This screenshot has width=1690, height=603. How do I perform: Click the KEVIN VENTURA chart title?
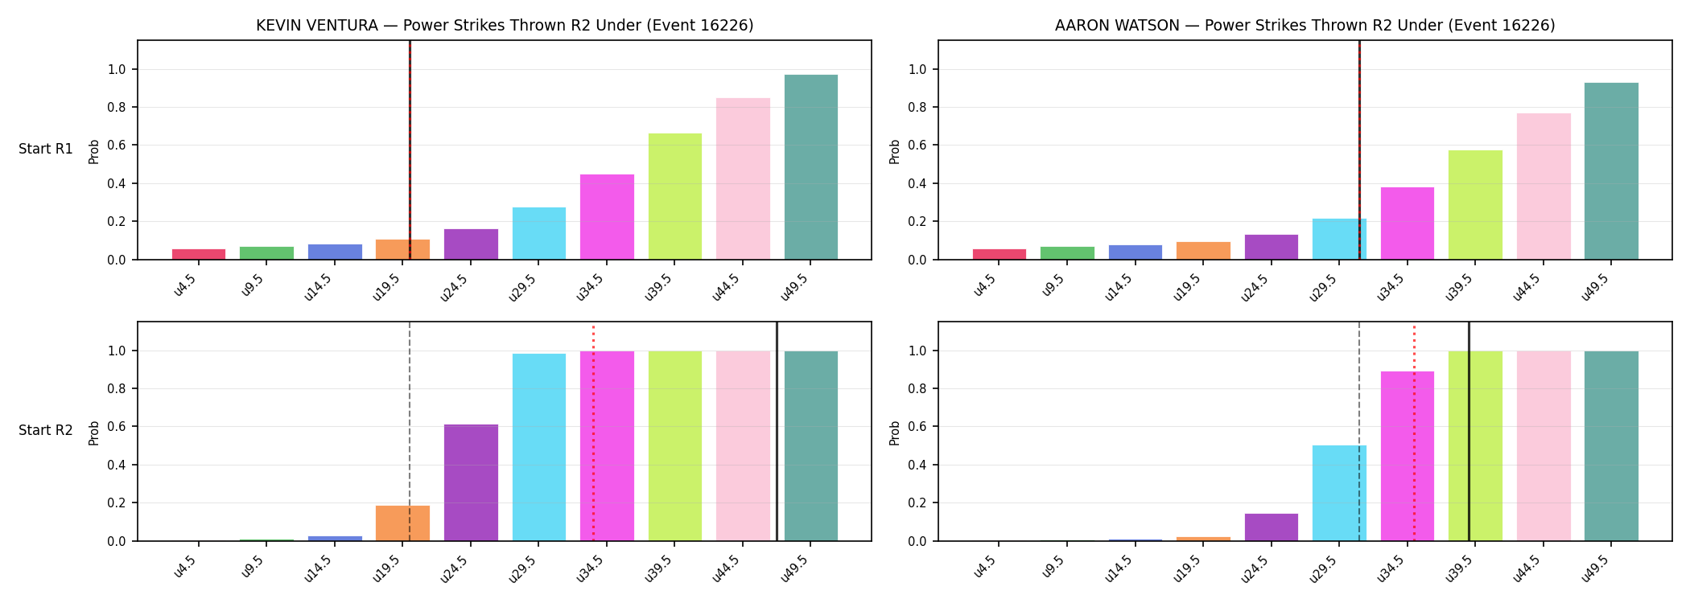505,26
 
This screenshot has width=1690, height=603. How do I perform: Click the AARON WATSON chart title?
1305,26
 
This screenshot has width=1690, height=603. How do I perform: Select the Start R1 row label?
46,150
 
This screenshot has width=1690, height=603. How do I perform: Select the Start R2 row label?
46,431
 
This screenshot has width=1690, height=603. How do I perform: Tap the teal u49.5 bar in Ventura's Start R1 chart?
810,167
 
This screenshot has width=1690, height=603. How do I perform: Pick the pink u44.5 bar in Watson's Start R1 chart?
1544,187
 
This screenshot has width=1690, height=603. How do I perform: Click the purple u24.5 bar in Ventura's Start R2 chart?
471,482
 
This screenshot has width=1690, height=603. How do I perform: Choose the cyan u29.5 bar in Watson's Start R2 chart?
1339,493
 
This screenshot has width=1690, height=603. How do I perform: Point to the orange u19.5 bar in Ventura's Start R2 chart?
402,523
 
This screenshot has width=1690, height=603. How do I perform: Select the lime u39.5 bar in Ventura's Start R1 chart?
674,196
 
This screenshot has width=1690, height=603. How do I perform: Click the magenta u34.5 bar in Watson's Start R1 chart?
1408,224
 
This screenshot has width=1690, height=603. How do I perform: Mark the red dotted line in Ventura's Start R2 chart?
593,433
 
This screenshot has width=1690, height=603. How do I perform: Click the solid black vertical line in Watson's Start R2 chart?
1469,431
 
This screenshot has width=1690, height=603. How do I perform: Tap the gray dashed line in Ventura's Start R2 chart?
410,431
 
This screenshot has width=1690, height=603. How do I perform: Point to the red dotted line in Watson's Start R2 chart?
1414,433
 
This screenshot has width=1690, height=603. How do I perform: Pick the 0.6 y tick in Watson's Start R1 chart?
917,146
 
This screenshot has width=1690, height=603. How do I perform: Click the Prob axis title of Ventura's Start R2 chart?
94,433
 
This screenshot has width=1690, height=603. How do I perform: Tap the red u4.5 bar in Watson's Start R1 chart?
1000,254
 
